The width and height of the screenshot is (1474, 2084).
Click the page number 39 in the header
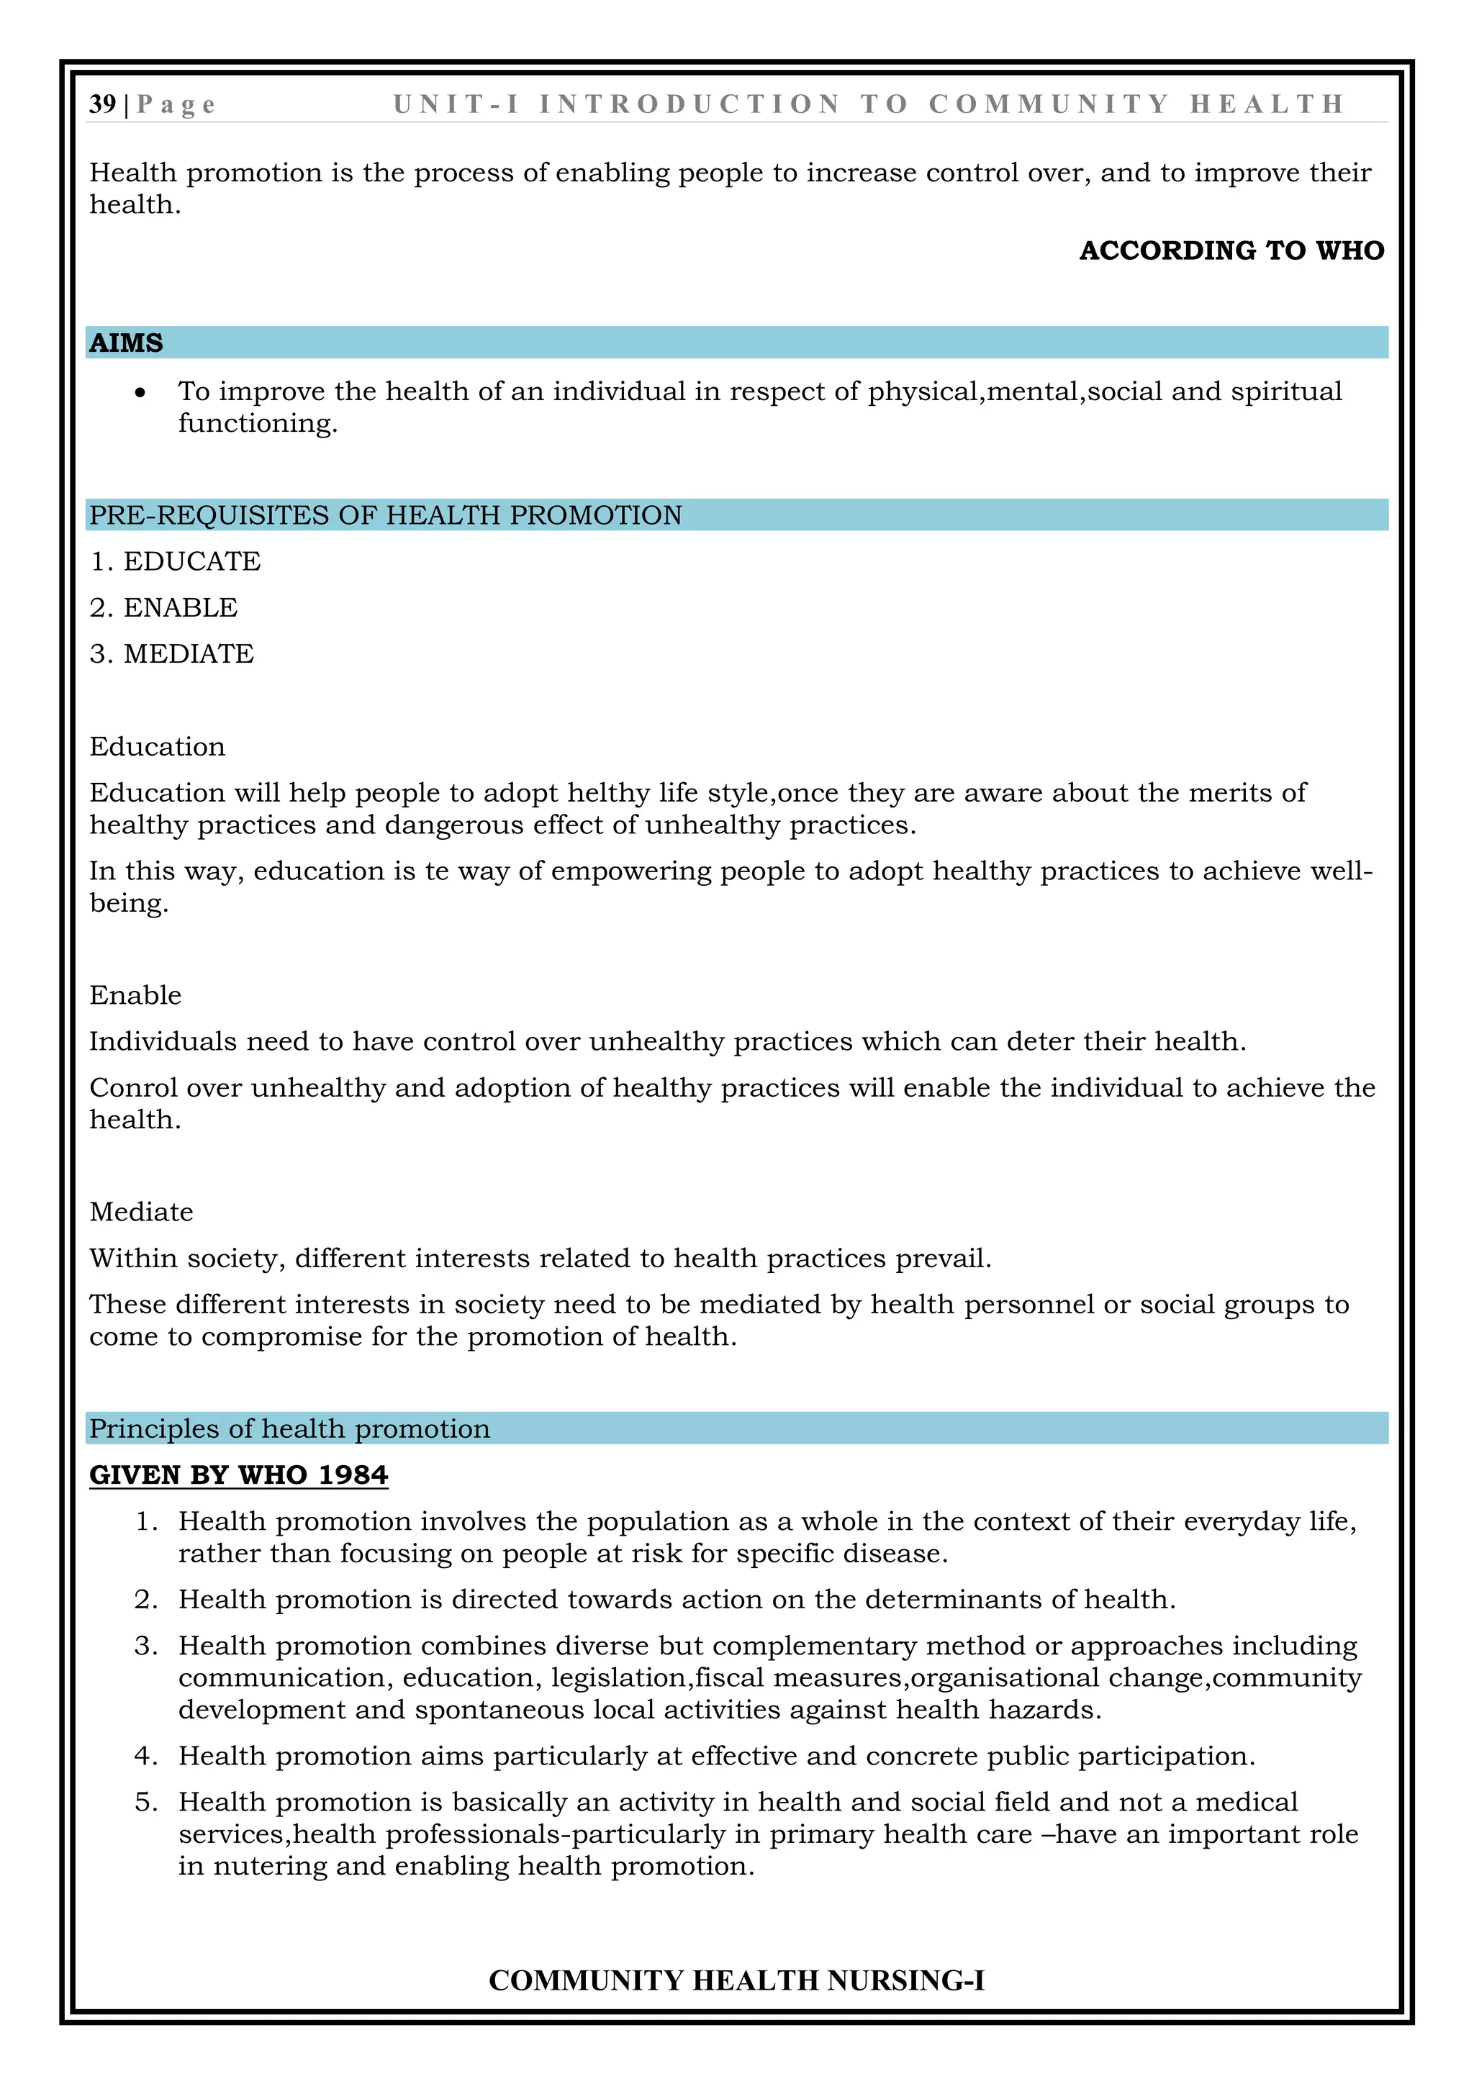(x=101, y=104)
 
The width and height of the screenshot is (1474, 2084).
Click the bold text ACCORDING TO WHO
(x=1231, y=250)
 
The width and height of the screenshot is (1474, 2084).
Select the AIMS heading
(x=126, y=343)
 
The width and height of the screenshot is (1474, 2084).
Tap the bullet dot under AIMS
(x=140, y=393)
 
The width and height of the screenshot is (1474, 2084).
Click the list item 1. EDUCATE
(x=175, y=562)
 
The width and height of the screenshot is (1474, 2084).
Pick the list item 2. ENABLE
(x=163, y=608)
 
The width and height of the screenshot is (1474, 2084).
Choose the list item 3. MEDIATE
(x=171, y=654)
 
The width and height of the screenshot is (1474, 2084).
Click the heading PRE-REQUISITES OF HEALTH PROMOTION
(x=386, y=515)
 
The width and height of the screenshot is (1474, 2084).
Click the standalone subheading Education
(x=157, y=747)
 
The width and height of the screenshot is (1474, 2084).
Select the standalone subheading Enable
(x=135, y=996)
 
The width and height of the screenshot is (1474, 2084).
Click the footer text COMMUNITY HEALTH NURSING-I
(x=736, y=1980)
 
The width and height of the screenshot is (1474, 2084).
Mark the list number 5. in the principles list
(x=146, y=1803)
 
